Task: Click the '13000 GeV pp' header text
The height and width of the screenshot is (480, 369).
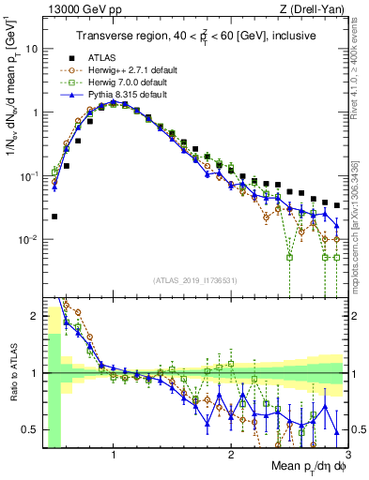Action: click(x=76, y=9)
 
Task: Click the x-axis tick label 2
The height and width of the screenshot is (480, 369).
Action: click(x=231, y=455)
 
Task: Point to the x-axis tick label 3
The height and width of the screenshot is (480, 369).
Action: click(x=347, y=455)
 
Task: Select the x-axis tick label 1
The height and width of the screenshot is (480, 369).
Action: click(x=114, y=455)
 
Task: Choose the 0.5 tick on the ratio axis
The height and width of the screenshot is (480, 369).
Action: click(x=30, y=429)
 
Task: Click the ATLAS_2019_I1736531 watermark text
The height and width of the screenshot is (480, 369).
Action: click(x=194, y=280)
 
